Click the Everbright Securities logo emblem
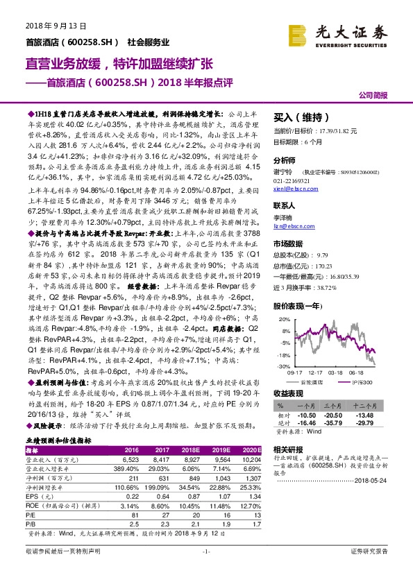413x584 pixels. (x=298, y=34)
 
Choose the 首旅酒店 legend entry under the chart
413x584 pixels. (x=314, y=382)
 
